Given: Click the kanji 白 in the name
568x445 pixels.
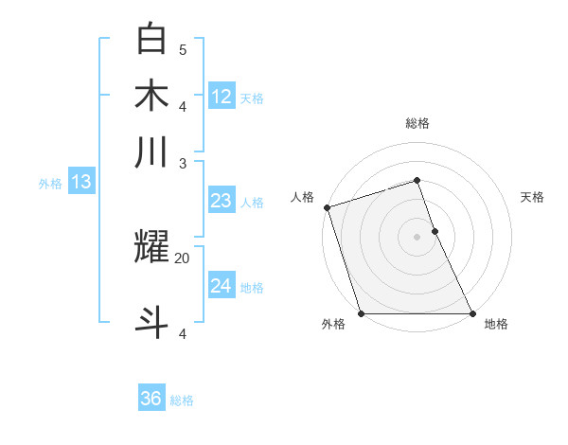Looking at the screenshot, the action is click(x=152, y=39).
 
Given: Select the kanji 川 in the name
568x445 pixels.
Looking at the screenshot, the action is click(x=152, y=151).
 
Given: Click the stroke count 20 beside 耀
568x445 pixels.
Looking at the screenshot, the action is click(x=183, y=258).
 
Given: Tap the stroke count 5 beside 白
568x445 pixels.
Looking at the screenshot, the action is click(x=183, y=49).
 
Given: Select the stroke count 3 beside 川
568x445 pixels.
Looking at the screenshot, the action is click(x=183, y=162).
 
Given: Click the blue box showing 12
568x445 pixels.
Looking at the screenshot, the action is click(x=222, y=96).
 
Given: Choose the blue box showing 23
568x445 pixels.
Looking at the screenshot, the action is click(x=222, y=201).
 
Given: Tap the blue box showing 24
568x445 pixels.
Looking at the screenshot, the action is click(x=222, y=285).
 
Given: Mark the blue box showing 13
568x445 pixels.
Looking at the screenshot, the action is click(x=80, y=182).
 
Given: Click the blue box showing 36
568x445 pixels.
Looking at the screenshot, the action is click(x=151, y=399).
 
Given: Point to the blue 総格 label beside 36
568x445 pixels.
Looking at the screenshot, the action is click(x=182, y=400).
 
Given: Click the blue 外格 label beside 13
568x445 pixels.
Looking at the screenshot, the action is click(x=50, y=184).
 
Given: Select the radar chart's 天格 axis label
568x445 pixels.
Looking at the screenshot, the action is click(x=532, y=197).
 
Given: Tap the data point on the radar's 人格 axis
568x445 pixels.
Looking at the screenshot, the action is click(x=327, y=207).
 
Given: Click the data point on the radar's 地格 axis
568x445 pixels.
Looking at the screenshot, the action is click(x=471, y=313).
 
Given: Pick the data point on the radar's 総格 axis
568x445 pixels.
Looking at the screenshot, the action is click(x=417, y=181).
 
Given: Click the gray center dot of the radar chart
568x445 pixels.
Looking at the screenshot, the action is click(x=417, y=237).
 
